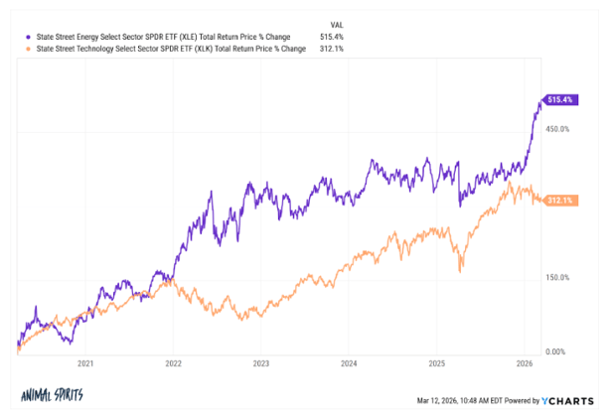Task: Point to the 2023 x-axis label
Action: coord(260,363)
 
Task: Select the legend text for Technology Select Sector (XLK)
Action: coord(159,48)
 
